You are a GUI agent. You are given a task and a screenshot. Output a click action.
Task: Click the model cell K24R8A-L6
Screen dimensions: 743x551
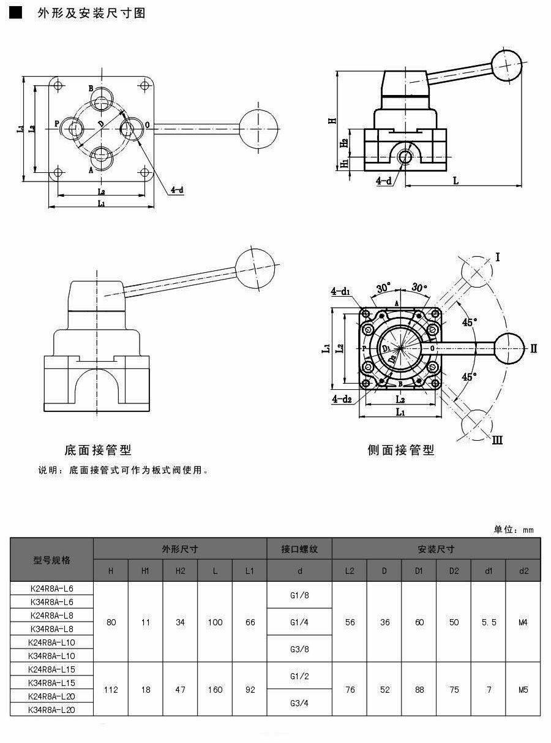[51, 588]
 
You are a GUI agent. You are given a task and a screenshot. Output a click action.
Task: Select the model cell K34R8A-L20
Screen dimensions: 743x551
[51, 709]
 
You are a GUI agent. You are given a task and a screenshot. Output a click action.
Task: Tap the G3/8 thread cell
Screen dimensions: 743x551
[299, 648]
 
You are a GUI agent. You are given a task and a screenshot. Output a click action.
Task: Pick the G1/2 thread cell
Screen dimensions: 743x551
[299, 676]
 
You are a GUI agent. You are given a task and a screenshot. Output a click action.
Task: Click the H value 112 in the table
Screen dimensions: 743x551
[111, 690]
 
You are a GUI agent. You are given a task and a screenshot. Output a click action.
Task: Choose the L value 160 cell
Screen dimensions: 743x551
[215, 690]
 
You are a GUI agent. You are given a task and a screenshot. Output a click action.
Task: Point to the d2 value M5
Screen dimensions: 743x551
[523, 690]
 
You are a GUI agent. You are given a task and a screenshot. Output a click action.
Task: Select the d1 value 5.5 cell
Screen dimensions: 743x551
[489, 622]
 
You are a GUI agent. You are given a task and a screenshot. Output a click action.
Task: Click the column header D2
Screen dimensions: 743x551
[454, 571]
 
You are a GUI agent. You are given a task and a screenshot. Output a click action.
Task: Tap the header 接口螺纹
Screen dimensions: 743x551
[299, 549]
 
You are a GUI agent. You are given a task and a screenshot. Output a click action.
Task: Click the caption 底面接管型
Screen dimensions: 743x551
[98, 451]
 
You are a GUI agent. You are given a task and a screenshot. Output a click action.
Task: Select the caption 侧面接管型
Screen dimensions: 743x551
[401, 451]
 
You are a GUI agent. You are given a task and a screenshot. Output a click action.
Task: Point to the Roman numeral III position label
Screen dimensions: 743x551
[497, 440]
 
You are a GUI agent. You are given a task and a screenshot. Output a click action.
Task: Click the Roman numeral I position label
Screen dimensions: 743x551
[498, 257]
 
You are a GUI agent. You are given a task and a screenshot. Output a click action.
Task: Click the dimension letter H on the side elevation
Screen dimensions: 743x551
[332, 120]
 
